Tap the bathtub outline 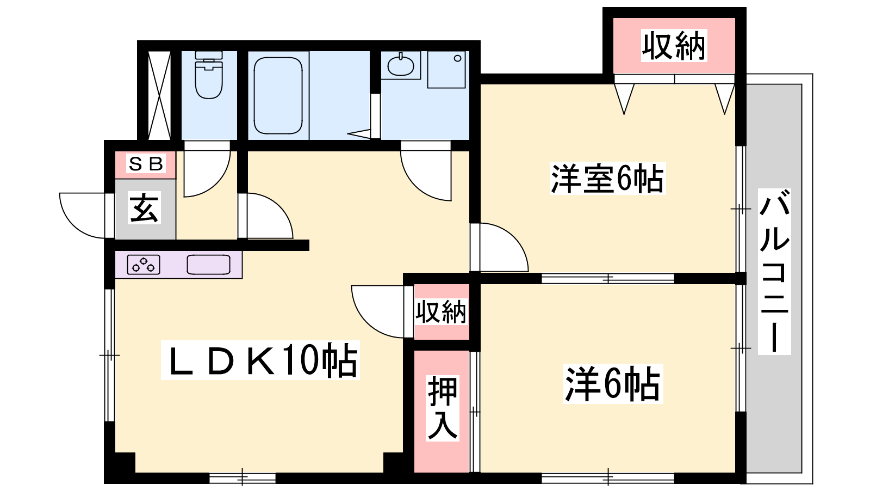278,96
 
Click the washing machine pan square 446,70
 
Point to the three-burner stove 144,265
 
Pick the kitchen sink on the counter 209,265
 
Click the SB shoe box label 146,164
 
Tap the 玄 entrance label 144,208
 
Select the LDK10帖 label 260,360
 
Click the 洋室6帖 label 607,179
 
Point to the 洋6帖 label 613,384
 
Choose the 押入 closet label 443,408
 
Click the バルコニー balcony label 774,272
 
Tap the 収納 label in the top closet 674,46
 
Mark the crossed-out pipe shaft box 159,95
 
